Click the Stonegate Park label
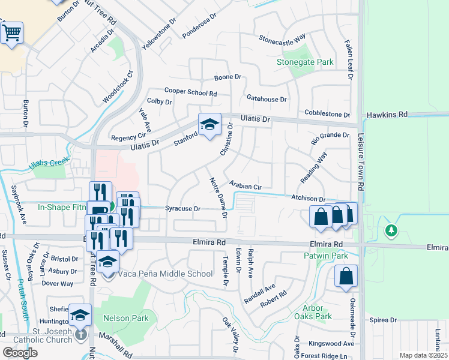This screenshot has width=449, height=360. coord(304,62)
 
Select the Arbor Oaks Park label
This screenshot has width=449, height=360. coord(313,312)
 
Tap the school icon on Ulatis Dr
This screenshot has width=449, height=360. coord(209,125)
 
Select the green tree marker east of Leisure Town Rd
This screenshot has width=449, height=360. coord(391,230)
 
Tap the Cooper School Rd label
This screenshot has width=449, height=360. coord(190,93)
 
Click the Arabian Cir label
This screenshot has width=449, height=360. coord(246,185)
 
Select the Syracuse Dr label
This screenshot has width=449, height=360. coord(182,208)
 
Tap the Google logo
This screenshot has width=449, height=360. coord(20,353)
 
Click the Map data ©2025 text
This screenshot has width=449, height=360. coord(423,355)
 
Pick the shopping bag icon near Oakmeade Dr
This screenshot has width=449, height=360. coord(346,277)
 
